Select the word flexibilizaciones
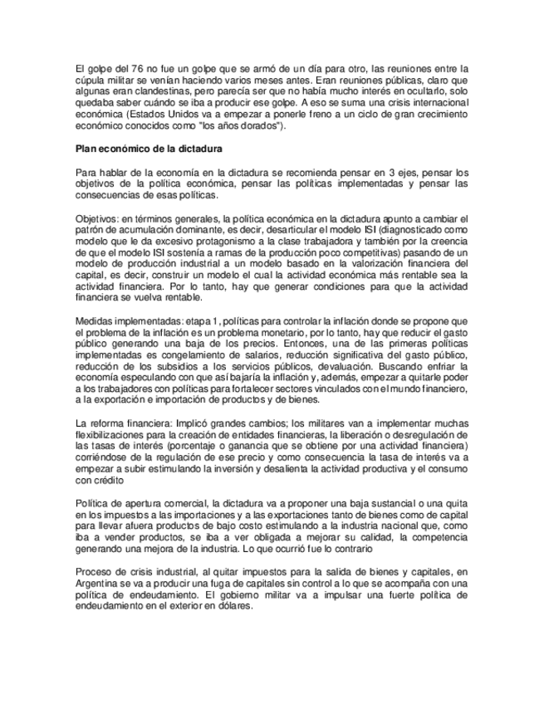pos(113,435)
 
